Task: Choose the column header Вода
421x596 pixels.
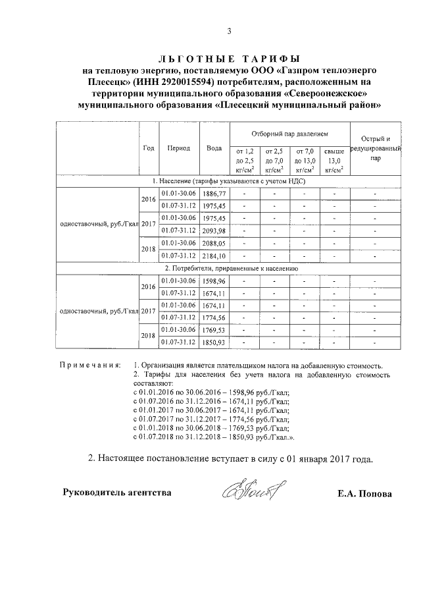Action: pos(214,148)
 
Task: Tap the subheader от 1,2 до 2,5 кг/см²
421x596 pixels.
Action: pos(244,160)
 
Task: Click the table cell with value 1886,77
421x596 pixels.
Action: pos(214,194)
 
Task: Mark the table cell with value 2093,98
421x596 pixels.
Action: pos(214,230)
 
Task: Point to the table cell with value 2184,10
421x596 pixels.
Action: pos(214,256)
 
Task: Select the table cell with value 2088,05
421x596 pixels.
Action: pos(214,243)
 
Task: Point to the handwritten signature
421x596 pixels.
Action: pos(249,490)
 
